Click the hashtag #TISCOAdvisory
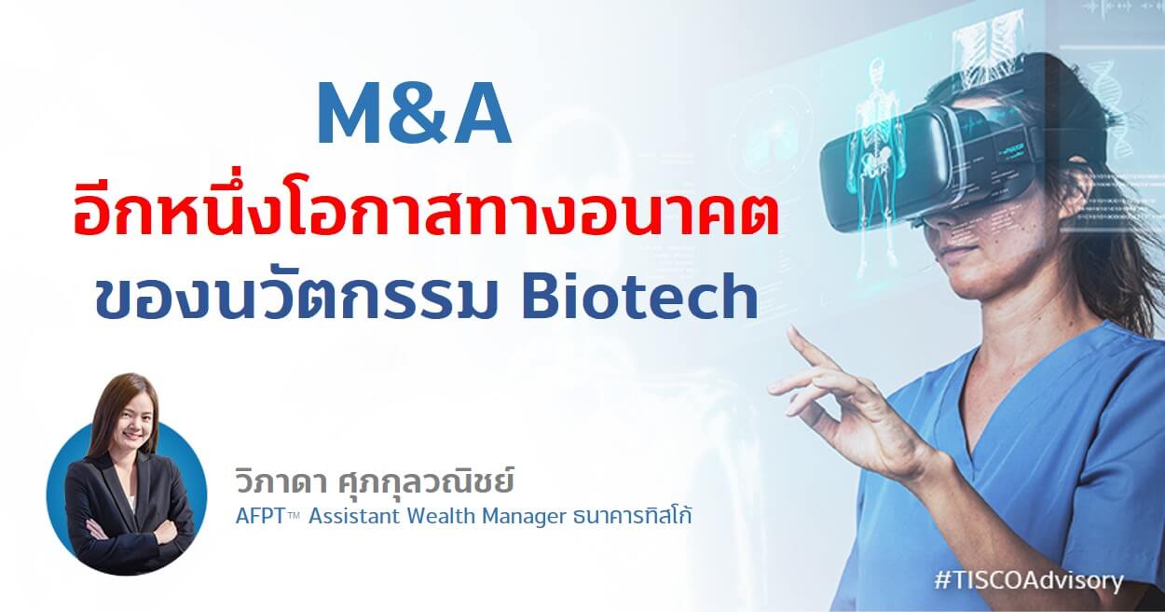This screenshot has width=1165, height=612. coord(1029,580)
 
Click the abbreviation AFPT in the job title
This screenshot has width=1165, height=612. coord(260,517)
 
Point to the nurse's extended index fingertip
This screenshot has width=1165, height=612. coord(792,332)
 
